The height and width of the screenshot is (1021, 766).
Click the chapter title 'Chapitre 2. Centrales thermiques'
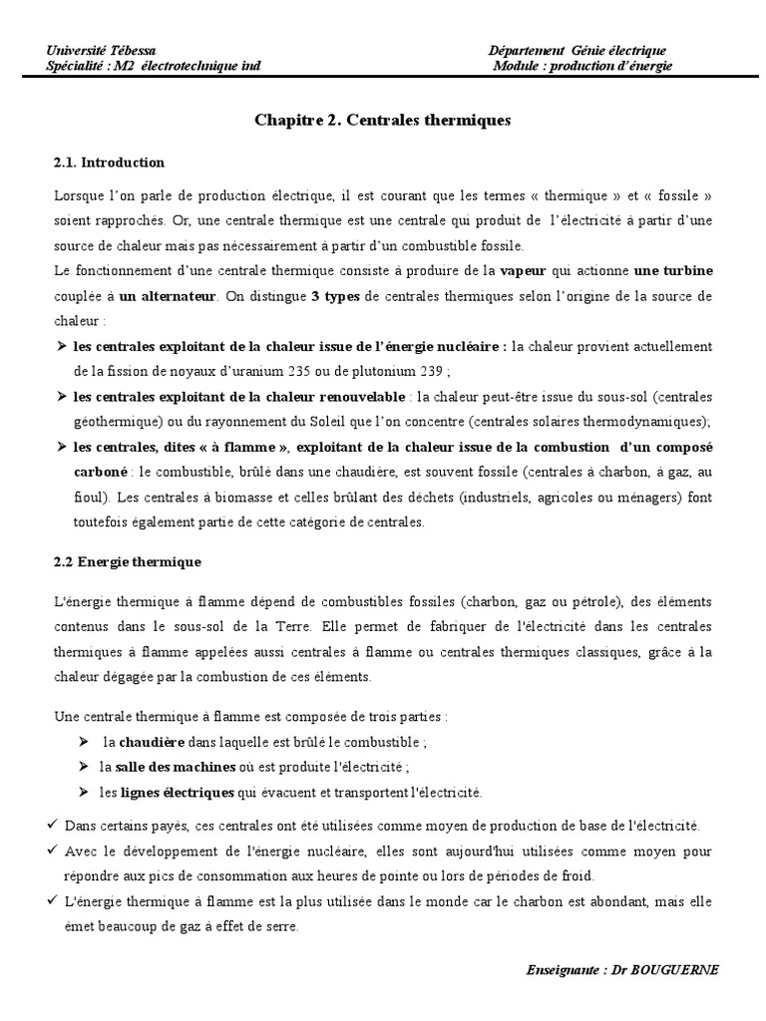382,120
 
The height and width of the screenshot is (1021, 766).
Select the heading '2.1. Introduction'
109,162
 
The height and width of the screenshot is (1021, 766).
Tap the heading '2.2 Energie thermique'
127,561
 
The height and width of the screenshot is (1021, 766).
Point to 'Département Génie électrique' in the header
577,51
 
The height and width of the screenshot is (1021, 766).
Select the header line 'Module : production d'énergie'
583,66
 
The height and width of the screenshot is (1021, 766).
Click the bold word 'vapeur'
522,271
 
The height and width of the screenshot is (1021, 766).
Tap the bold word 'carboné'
102,471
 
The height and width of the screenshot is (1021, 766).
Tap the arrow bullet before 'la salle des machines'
82,767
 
